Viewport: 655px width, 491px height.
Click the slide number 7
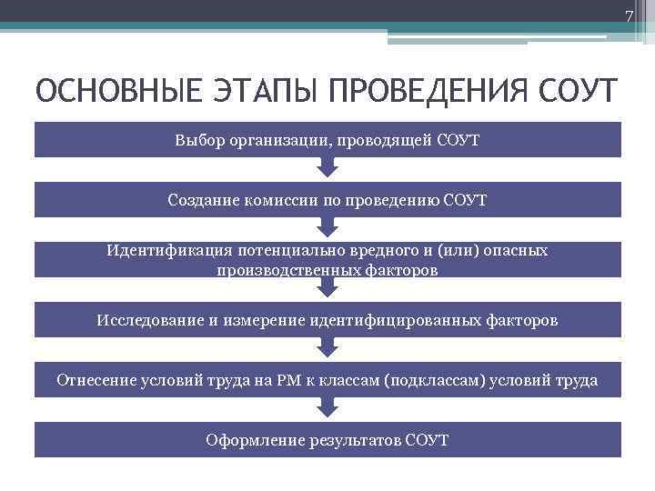pos(628,16)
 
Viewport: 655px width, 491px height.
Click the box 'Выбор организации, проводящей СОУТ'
pos(327,140)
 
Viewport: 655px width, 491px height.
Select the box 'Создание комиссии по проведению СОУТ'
pos(327,199)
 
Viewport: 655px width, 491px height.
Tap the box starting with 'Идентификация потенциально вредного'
pos(327,259)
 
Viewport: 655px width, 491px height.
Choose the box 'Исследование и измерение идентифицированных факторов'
pos(327,320)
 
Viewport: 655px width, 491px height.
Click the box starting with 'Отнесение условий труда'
pos(327,380)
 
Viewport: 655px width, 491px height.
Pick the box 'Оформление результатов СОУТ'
pos(327,440)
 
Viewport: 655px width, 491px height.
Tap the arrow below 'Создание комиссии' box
pos(327,228)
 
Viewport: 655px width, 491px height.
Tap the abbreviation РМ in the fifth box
pos(290,380)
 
